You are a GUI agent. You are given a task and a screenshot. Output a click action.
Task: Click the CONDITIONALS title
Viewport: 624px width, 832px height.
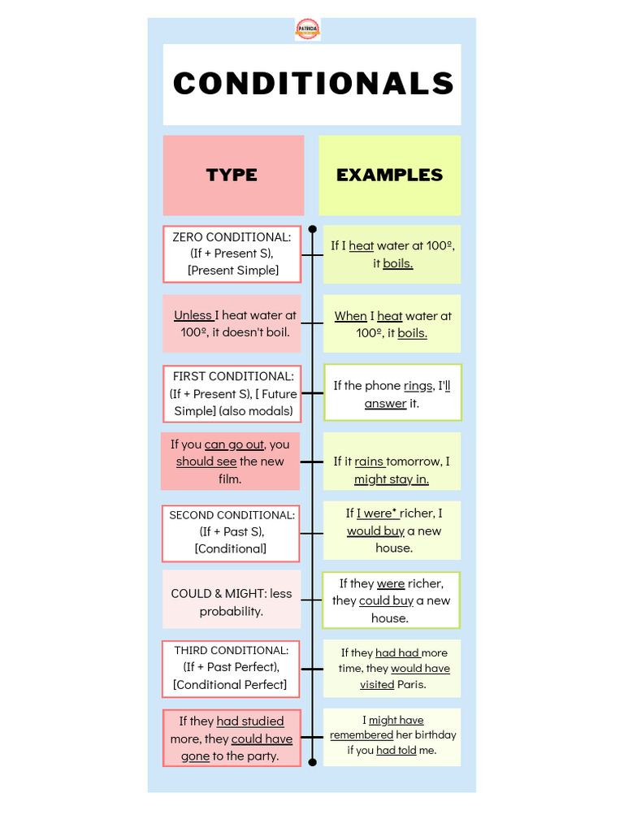coord(313,84)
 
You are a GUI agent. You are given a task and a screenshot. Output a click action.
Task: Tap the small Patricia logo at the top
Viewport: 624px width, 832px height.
coord(307,29)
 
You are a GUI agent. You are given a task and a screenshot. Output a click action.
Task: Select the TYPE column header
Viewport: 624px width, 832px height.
coord(232,175)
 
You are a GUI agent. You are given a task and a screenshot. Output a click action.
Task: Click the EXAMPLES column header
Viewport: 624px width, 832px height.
coord(389,175)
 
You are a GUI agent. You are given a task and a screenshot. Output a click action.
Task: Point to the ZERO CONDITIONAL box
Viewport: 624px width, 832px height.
coord(232,253)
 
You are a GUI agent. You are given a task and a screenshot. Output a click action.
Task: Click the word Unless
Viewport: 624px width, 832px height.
coord(193,315)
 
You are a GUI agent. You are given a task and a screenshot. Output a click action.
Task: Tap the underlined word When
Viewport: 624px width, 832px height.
coord(351,316)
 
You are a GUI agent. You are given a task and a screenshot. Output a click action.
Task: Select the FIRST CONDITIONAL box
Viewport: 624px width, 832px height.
coord(232,393)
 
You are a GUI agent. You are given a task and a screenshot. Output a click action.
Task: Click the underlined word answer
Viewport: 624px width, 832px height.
coord(385,403)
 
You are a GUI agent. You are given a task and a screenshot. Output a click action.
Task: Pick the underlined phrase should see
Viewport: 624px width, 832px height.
coord(206,461)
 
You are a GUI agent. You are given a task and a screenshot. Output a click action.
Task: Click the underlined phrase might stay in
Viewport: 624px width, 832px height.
coord(392,479)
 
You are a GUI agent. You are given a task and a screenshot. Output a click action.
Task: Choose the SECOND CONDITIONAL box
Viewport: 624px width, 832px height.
coord(232,532)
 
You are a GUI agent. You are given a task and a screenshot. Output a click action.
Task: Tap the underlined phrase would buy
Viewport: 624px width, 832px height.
coord(375,531)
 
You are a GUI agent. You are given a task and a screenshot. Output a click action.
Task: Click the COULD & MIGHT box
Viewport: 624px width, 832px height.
coord(232,602)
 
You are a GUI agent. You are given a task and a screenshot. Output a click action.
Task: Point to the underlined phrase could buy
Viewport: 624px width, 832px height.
coord(386,601)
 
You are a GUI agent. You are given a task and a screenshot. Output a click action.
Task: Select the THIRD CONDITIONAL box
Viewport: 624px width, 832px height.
coord(231,668)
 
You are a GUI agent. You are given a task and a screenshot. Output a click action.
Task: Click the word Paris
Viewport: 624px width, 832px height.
coord(411,685)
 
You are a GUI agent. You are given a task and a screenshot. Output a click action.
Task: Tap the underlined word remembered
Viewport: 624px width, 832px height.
coord(362,735)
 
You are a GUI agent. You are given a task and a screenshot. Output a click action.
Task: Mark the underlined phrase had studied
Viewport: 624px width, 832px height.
coord(250,721)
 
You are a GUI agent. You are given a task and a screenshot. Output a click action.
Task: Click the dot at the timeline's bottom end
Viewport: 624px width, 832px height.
coord(312,762)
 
